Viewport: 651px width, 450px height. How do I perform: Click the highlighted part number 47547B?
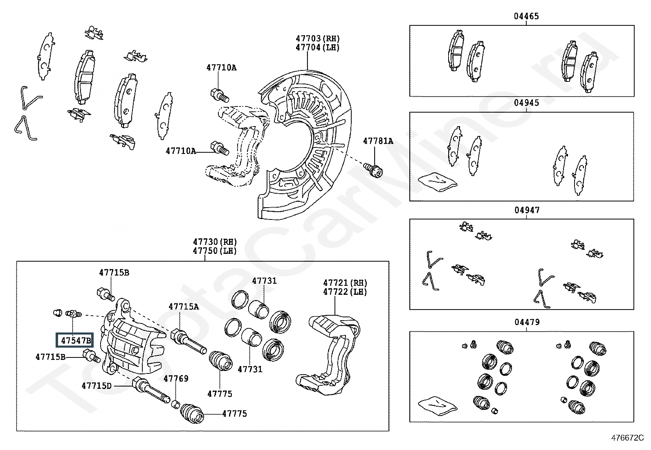coord(75,340)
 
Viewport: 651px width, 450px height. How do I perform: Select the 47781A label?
coord(378,141)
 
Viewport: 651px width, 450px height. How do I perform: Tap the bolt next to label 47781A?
coord(373,169)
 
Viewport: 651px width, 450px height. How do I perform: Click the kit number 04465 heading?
coord(526,16)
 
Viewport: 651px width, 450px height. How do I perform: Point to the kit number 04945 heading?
coord(526,103)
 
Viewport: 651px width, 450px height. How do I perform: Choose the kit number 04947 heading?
coord(527,210)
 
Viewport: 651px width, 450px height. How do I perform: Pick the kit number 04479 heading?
coord(527,322)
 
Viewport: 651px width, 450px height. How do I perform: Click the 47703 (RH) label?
coord(318,38)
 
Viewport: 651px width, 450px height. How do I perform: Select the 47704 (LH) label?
coord(318,47)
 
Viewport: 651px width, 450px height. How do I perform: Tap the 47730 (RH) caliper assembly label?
coord(215,242)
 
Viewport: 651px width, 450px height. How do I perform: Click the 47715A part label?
coord(184,306)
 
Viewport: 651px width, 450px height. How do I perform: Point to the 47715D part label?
coord(97,385)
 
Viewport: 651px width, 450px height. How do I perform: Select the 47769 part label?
coord(176,378)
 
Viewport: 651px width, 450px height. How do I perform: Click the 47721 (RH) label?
coord(345,283)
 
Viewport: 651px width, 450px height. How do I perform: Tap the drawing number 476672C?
coord(627,438)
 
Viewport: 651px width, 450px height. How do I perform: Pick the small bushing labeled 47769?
coord(175,405)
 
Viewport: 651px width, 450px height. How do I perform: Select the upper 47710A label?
coord(221,68)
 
